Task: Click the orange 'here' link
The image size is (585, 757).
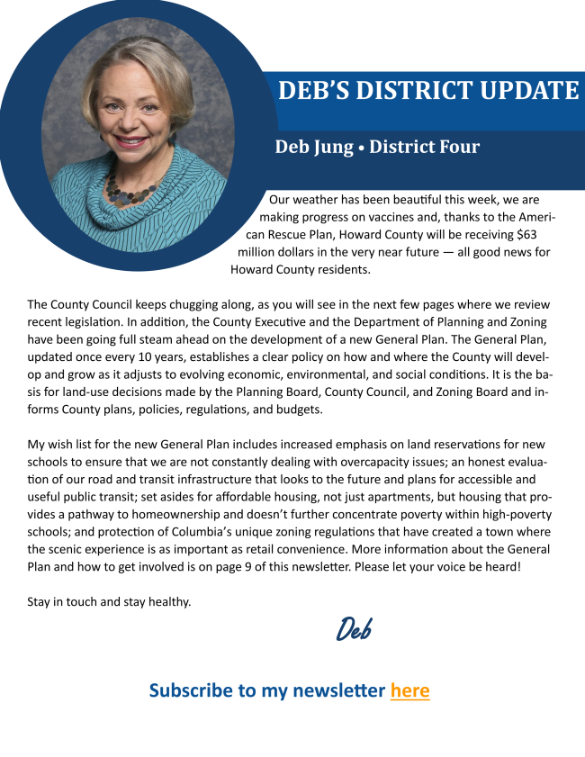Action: click(409, 690)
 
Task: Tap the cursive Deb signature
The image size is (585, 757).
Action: click(354, 628)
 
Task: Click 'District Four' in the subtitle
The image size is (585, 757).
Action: click(424, 147)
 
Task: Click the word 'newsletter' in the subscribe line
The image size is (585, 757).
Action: click(338, 690)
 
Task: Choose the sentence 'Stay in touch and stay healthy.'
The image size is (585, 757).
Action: click(109, 601)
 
